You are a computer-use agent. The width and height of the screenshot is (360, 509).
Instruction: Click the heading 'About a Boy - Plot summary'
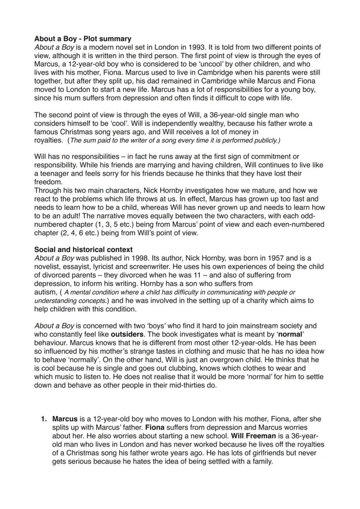point(83,39)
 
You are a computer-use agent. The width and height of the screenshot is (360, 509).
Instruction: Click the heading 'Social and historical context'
point(83,250)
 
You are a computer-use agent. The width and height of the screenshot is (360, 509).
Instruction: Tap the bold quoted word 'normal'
point(290,334)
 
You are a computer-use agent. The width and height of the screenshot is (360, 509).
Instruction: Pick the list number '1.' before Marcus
point(43,419)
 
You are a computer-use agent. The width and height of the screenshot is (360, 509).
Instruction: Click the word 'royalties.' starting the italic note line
point(49,140)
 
